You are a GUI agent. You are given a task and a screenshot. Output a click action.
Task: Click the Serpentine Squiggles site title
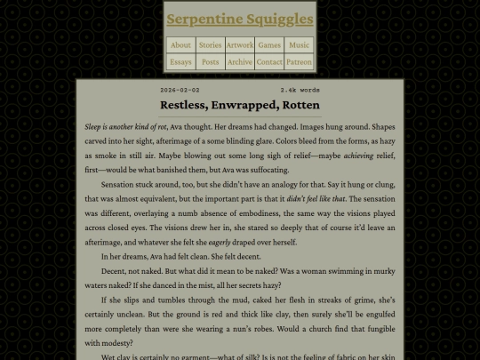(x=240, y=19)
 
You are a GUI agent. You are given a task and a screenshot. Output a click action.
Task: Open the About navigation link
(x=180, y=44)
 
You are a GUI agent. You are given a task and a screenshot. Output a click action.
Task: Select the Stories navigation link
(x=210, y=44)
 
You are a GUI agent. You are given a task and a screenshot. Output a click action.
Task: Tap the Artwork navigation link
(x=240, y=44)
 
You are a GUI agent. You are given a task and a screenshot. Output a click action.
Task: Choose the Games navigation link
(x=269, y=44)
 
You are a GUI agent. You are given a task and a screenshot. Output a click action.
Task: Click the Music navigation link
(x=300, y=44)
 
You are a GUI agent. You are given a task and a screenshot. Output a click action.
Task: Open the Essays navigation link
(x=180, y=62)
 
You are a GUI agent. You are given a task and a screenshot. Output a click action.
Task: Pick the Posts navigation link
(x=210, y=62)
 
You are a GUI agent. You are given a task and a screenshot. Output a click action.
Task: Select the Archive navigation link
(x=240, y=62)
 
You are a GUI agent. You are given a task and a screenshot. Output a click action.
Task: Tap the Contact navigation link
(x=269, y=62)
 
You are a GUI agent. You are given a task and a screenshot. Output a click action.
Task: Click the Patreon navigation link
(x=300, y=62)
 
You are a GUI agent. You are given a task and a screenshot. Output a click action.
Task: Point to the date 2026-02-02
(x=180, y=90)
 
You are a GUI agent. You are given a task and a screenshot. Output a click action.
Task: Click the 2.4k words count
(x=300, y=90)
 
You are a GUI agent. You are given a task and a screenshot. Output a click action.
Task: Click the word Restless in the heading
(x=185, y=105)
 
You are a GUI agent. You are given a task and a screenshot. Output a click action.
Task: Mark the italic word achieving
(x=358, y=156)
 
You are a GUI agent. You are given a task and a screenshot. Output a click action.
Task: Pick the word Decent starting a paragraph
(x=114, y=271)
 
